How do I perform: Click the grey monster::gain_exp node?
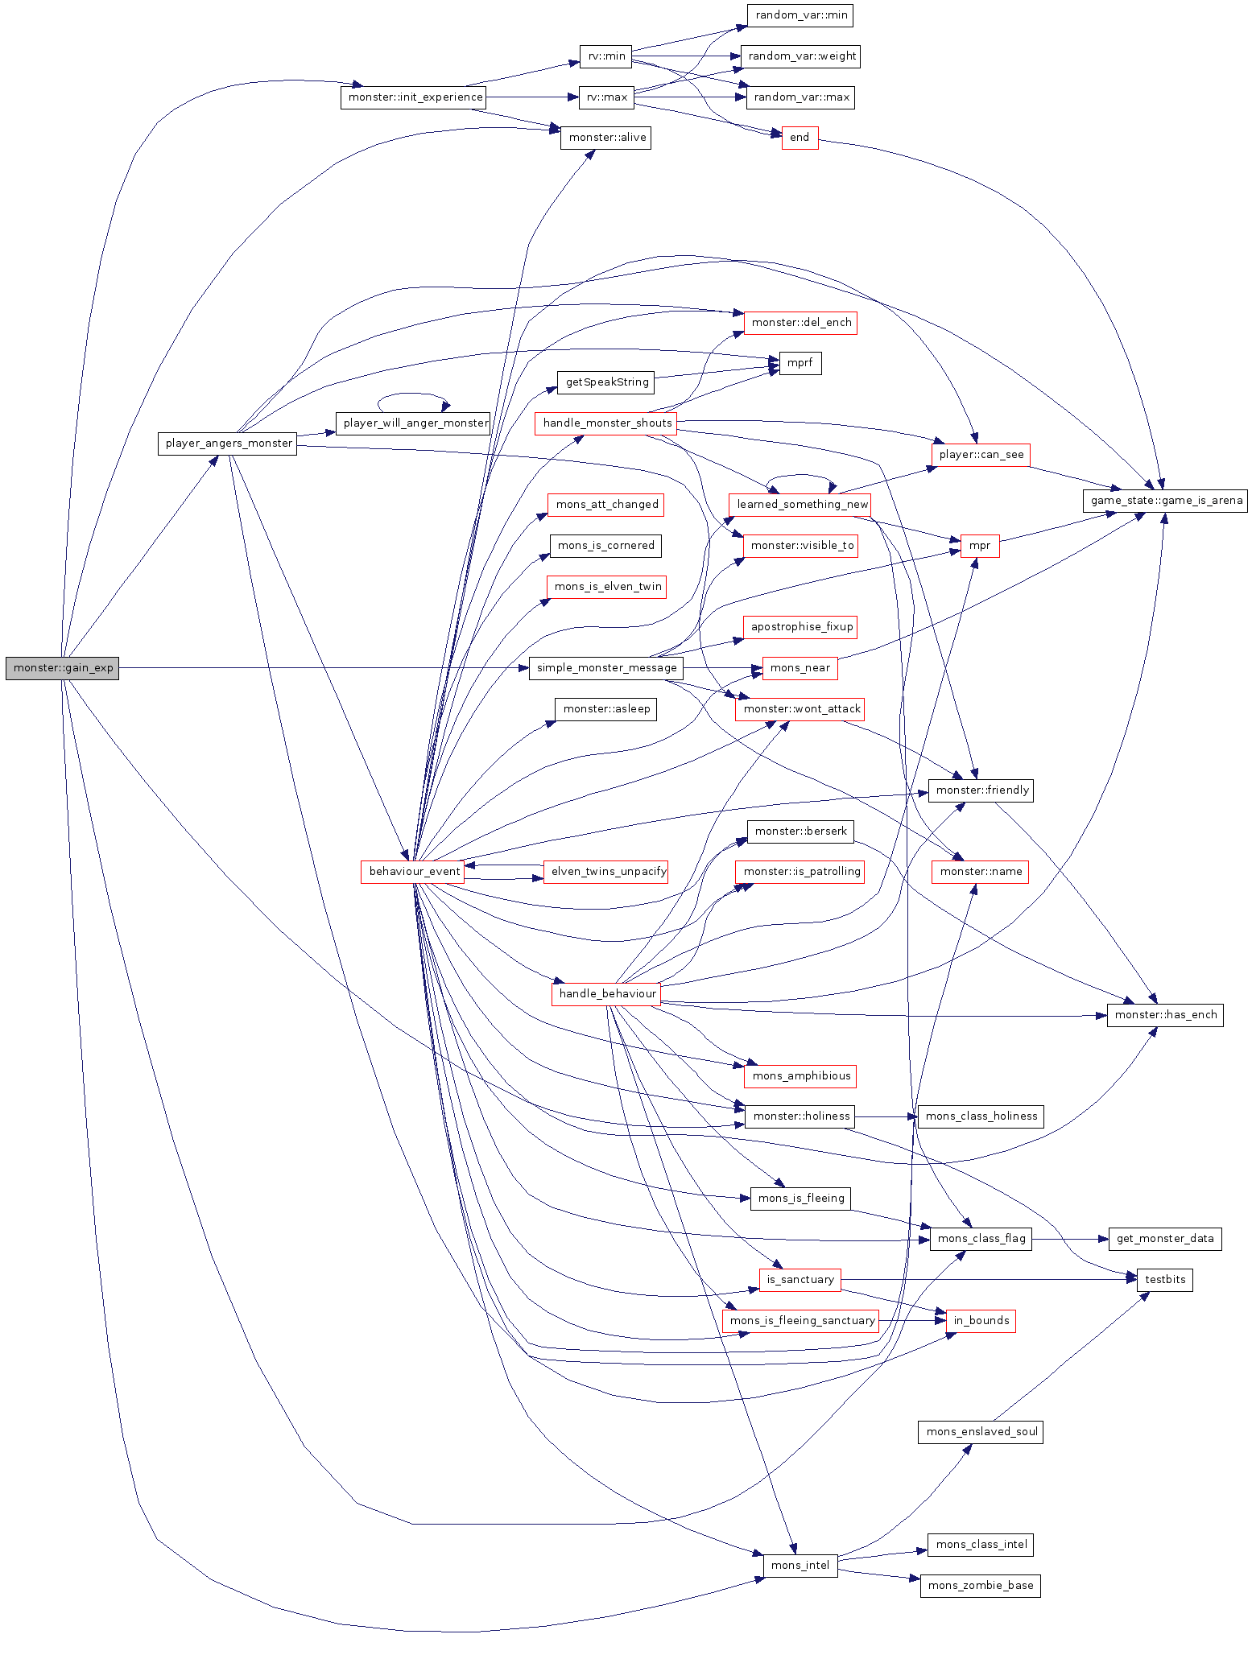click(x=62, y=668)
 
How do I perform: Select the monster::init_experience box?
click(x=413, y=97)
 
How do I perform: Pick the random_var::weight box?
click(x=801, y=56)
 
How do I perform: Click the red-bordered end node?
click(x=800, y=138)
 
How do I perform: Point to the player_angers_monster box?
click(x=229, y=444)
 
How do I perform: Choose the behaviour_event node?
click(x=413, y=872)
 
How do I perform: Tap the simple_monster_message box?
click(x=606, y=668)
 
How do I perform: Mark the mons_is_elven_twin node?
click(x=608, y=587)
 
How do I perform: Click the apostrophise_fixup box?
click(x=801, y=627)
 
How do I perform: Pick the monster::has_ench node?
click(x=1165, y=1015)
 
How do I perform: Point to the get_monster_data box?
click(x=1165, y=1239)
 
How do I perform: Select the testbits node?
click(x=1165, y=1280)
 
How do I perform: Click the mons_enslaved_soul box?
click(x=981, y=1432)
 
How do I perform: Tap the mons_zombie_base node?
click(x=981, y=1586)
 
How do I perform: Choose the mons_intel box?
click(x=800, y=1566)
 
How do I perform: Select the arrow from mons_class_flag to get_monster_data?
click(x=1070, y=1239)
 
